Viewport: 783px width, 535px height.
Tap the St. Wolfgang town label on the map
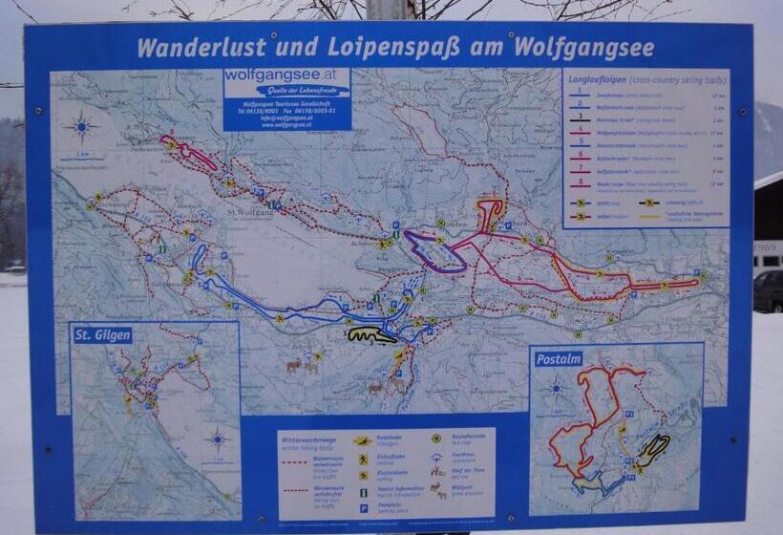[251, 212]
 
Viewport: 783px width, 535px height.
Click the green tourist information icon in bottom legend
[364, 492]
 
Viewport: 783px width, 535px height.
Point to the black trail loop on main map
[370, 335]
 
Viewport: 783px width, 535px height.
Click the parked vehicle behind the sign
[768, 290]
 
